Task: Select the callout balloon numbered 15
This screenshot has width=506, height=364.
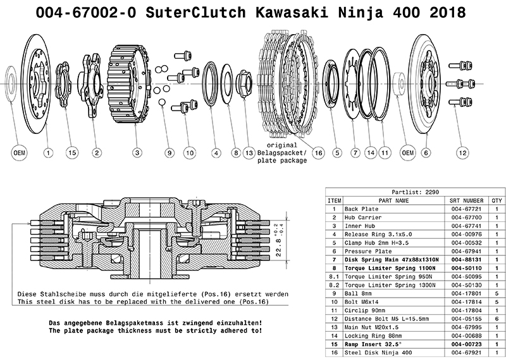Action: pyautogui.click(x=71, y=152)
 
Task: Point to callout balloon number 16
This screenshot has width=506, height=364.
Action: pyautogui.click(x=318, y=152)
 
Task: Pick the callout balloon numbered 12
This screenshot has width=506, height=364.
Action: pyautogui.click(x=463, y=152)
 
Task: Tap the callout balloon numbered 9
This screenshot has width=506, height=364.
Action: pyautogui.click(x=169, y=152)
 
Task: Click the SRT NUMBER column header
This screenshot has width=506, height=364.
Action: pyautogui.click(x=469, y=200)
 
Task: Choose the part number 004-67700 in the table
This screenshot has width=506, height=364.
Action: pyautogui.click(x=469, y=217)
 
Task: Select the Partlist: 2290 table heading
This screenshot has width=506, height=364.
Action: pyautogui.click(x=414, y=192)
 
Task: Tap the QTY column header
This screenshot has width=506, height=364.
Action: pyautogui.click(x=497, y=200)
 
